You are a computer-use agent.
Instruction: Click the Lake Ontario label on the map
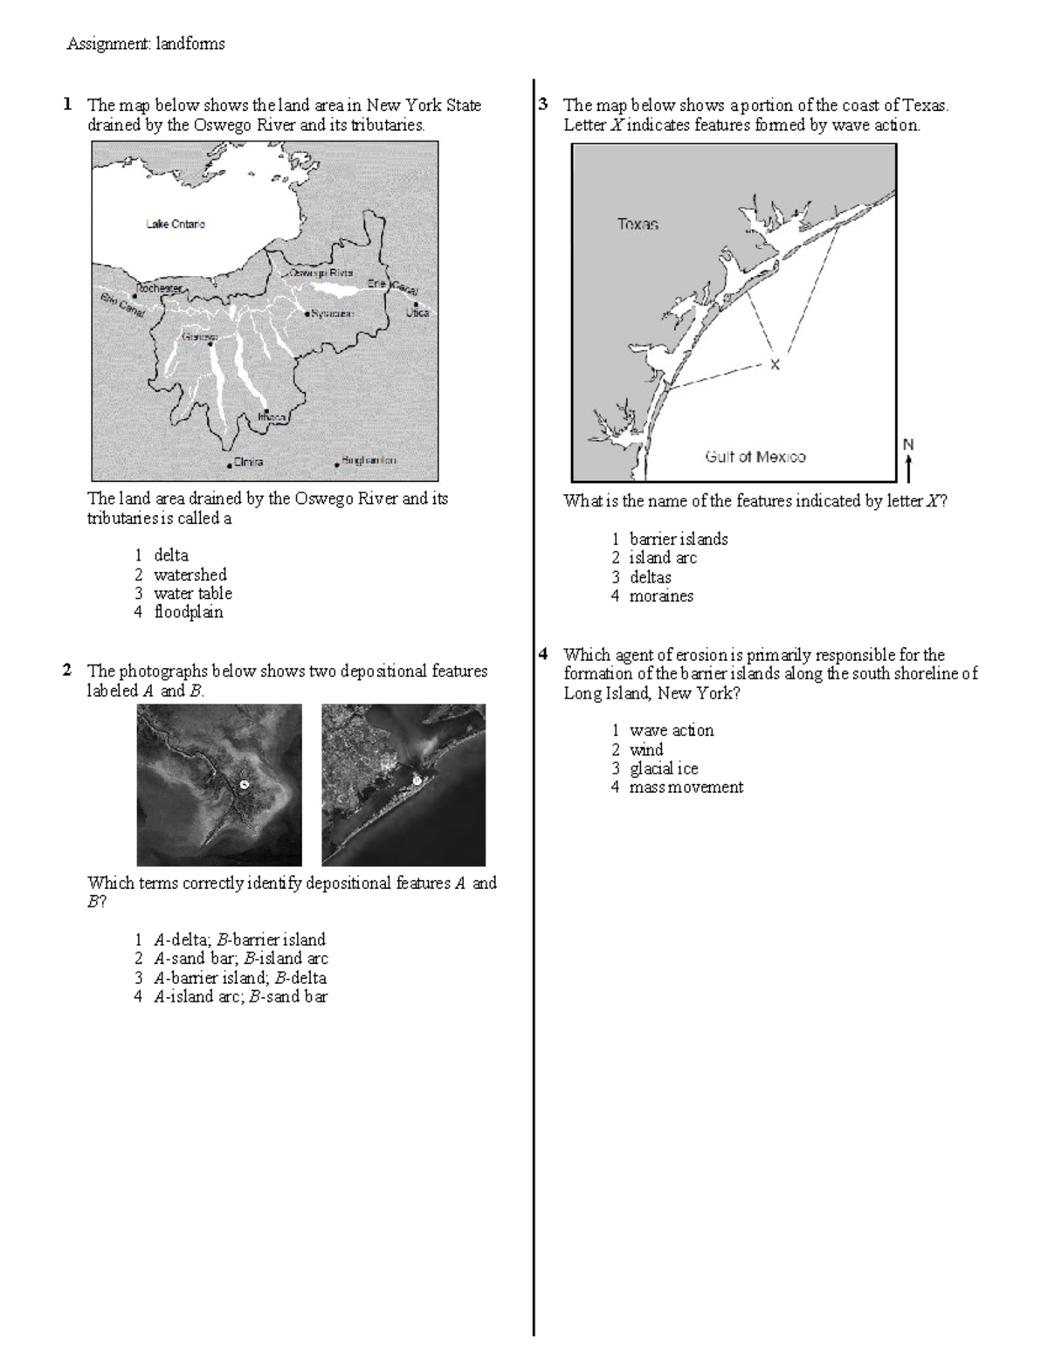(176, 224)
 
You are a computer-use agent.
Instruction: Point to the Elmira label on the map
(248, 462)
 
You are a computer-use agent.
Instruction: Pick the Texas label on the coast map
(638, 224)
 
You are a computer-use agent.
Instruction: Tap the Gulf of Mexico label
(755, 457)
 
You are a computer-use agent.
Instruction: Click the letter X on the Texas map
(774, 365)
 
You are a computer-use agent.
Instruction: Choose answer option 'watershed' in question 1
(190, 575)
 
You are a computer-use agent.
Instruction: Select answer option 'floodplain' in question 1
(188, 612)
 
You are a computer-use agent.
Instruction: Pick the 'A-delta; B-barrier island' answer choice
(238, 940)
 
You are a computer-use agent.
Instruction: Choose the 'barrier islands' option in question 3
(678, 540)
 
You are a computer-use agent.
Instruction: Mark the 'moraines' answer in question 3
(661, 596)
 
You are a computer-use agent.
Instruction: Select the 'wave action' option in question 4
(671, 731)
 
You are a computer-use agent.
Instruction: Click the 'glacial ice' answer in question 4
(663, 768)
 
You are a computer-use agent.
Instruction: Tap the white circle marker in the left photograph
(245, 784)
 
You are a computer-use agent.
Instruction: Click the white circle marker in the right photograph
(417, 779)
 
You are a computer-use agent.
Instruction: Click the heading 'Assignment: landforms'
(146, 44)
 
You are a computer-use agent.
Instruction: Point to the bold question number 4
(543, 654)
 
